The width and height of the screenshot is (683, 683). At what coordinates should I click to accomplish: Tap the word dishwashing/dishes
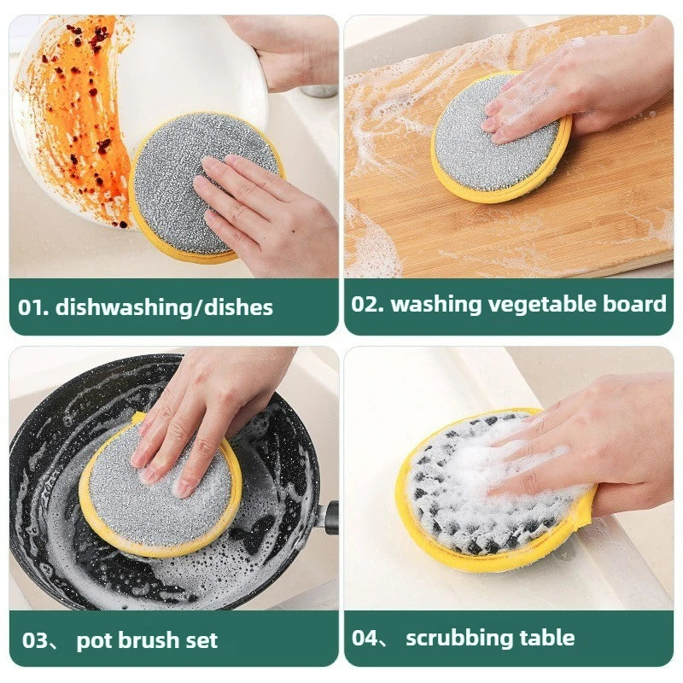tap(164, 307)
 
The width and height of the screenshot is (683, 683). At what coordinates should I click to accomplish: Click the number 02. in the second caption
tap(367, 304)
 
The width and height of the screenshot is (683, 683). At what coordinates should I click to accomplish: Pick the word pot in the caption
tap(93, 640)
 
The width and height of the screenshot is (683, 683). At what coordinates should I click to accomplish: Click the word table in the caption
tap(546, 637)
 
